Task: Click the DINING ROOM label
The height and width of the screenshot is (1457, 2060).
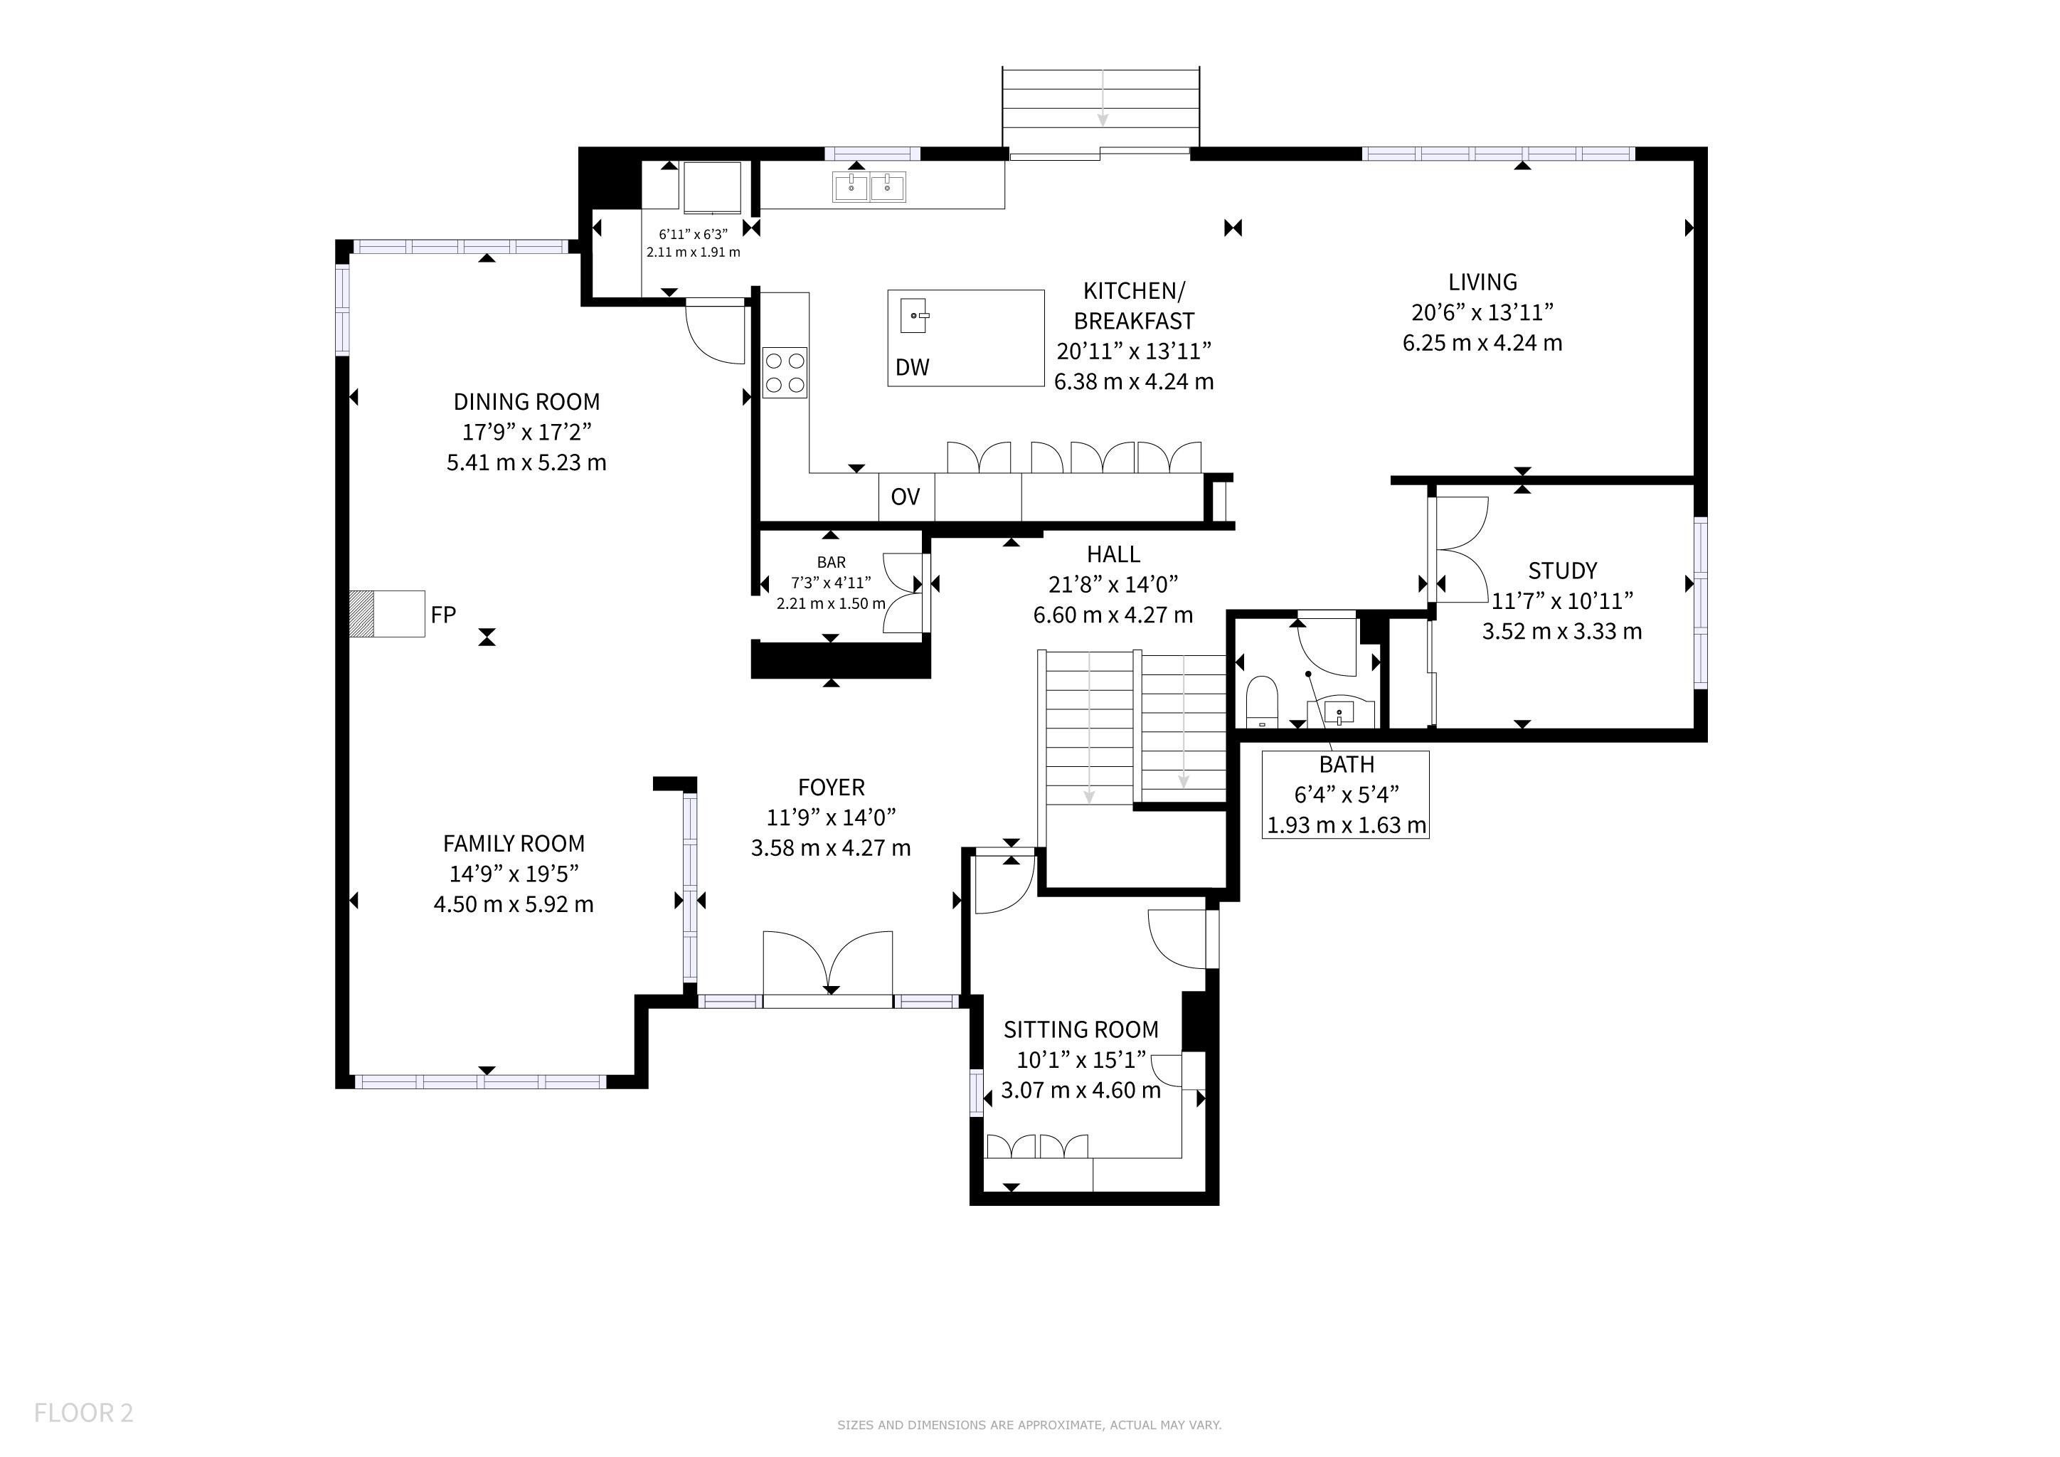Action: pyautogui.click(x=526, y=402)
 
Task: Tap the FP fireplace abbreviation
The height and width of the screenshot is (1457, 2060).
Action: pyautogui.click(x=443, y=615)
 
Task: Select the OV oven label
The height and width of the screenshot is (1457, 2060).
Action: pyautogui.click(x=906, y=497)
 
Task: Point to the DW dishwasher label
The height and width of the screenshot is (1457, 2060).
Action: pyautogui.click(x=913, y=367)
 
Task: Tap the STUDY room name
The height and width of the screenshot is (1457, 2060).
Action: pyautogui.click(x=1563, y=571)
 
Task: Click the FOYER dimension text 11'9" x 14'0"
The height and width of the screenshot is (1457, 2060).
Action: pyautogui.click(x=831, y=817)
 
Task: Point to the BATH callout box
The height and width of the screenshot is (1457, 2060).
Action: pyautogui.click(x=1346, y=795)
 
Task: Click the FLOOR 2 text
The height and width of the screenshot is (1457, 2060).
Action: pyautogui.click(x=83, y=1413)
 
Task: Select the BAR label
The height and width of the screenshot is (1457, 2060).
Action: pyautogui.click(x=831, y=563)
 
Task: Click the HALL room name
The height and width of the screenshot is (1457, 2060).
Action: pyautogui.click(x=1113, y=554)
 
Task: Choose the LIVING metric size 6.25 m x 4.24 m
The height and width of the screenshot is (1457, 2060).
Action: pyautogui.click(x=1482, y=343)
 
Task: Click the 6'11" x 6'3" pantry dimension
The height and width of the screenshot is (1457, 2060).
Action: pyautogui.click(x=693, y=234)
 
